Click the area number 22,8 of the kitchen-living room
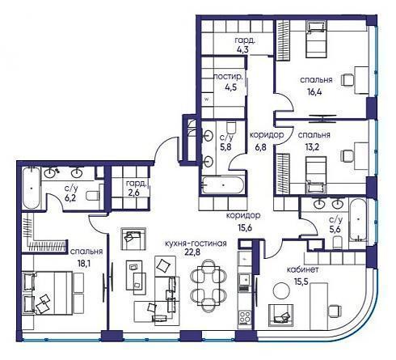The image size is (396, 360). pos(192,252)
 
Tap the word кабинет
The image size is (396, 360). pos(303,269)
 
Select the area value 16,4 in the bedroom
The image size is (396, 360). pos(314,92)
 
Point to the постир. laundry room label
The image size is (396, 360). pos(228,77)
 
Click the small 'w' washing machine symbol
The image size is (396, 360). pos(207,99)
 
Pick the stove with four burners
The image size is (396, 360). pos(245,317)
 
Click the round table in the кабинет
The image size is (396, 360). pos(282,290)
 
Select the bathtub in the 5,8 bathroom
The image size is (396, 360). pos(223,185)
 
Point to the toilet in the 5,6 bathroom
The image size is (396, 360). pos(337,242)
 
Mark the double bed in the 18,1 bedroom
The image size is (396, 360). pos(47,293)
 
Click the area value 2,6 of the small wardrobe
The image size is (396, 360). pos(133,194)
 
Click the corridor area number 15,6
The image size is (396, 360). pos(245,228)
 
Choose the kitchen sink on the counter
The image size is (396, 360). pos(245,282)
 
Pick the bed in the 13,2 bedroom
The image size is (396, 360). pos(316,175)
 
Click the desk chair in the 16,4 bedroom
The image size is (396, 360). pos(347,79)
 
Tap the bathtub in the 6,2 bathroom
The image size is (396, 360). pos(32,188)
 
